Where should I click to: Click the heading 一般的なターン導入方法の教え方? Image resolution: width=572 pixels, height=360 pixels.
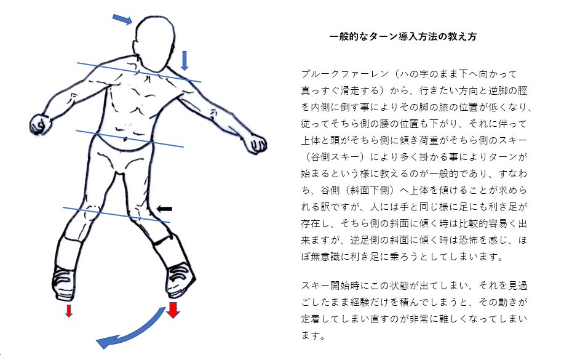tap(403, 36)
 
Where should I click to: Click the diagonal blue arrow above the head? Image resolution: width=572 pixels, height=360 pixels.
tap(122, 19)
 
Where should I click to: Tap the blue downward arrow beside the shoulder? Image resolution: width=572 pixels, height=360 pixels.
tap(185, 60)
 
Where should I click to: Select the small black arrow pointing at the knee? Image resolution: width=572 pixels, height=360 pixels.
tap(164, 209)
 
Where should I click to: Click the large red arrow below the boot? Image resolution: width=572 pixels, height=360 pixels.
tap(173, 310)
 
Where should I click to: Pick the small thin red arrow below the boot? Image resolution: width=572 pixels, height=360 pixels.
tap(69, 311)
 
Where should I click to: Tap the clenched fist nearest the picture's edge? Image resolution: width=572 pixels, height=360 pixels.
tap(40, 124)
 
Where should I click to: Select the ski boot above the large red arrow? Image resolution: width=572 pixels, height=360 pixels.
tap(180, 280)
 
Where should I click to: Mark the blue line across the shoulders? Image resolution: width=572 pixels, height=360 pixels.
tap(138, 72)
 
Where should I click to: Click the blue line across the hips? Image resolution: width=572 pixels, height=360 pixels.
tap(130, 138)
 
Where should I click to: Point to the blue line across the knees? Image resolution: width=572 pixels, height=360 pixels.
tap(116, 215)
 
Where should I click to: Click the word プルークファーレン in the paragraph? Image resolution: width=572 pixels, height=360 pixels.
tap(345, 74)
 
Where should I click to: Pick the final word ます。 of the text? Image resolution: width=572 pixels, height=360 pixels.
tap(313, 335)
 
